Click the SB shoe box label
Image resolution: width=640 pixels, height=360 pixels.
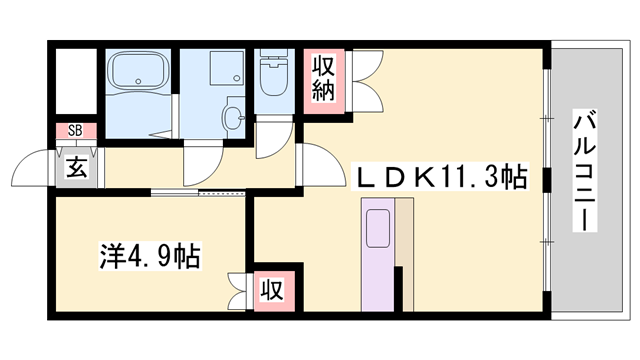(75, 131)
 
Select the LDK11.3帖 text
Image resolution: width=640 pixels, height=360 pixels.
(443, 178)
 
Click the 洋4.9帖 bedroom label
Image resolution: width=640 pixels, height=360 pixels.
(151, 256)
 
